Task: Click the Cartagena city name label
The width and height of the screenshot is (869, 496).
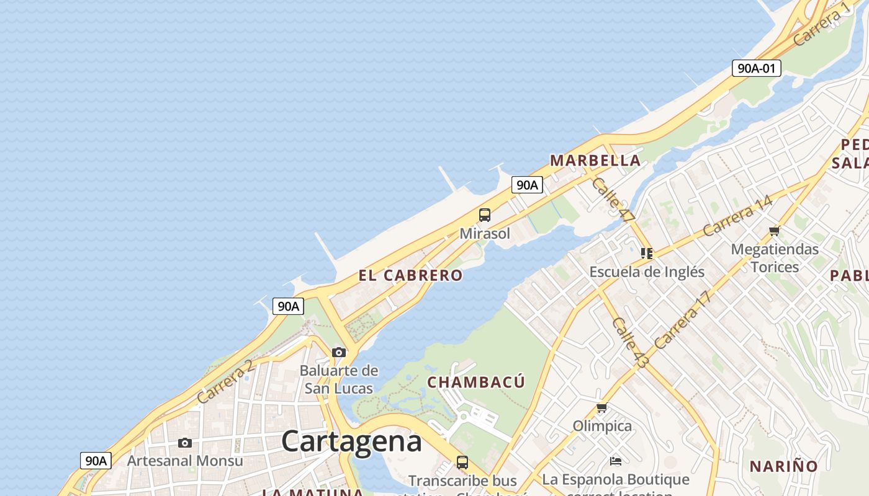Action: (x=351, y=441)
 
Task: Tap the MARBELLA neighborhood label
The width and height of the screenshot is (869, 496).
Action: (x=595, y=161)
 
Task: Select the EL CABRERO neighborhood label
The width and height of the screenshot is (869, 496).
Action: (x=410, y=275)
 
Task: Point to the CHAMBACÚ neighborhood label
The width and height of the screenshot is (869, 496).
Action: (x=476, y=382)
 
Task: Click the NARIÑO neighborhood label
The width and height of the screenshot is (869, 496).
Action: (x=783, y=466)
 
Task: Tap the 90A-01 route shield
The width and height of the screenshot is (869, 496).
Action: (x=756, y=68)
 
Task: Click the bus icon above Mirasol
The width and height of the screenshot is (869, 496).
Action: (x=485, y=215)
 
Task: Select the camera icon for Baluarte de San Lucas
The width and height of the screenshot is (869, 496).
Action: (x=338, y=353)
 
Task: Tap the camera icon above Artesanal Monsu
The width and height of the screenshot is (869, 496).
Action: (x=185, y=443)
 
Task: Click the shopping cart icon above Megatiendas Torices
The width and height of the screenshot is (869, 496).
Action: (x=774, y=231)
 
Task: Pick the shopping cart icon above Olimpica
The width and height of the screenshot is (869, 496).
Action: (x=601, y=408)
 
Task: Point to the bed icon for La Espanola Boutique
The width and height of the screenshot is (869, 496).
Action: (x=616, y=461)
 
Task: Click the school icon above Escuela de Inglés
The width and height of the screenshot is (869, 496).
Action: (x=647, y=254)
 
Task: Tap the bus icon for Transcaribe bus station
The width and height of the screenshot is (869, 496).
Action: (x=462, y=462)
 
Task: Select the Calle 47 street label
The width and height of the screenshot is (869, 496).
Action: (x=613, y=200)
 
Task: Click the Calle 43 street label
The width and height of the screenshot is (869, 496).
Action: (x=629, y=343)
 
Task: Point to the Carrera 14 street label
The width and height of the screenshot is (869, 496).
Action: (x=737, y=216)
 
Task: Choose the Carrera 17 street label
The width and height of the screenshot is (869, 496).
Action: (x=681, y=321)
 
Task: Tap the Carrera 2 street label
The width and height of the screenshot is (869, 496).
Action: (x=225, y=382)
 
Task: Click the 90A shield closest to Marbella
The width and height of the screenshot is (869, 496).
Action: (x=527, y=185)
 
